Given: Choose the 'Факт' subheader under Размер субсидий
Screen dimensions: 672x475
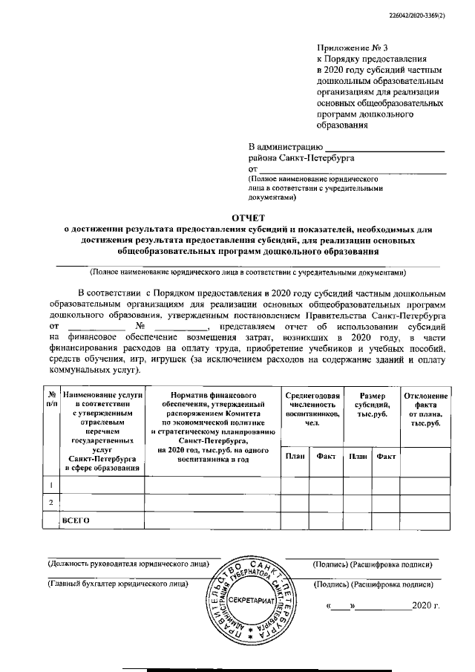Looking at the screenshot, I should (x=385, y=457).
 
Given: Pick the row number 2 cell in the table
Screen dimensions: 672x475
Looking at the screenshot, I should (x=51, y=503).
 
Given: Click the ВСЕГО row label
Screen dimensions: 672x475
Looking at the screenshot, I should (x=76, y=521).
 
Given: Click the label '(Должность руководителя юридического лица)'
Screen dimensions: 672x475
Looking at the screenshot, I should (x=128, y=564).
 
